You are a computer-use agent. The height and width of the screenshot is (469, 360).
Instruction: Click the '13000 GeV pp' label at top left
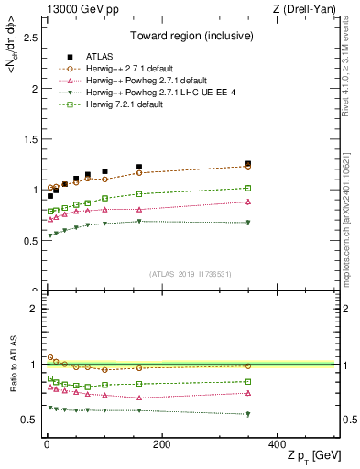click(x=77, y=9)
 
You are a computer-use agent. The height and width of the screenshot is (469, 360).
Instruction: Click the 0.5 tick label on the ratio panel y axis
click(x=30, y=420)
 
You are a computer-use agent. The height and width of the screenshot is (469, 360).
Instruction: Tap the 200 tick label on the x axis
click(x=161, y=444)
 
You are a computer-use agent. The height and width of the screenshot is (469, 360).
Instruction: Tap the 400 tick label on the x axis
click(x=277, y=444)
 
